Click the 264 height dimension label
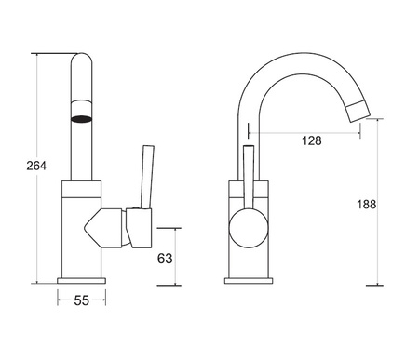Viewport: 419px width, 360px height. coord(36,166)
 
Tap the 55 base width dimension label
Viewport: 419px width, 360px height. coord(81,300)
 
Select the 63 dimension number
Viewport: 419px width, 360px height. coord(165,258)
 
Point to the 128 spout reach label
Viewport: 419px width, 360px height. coord(312,140)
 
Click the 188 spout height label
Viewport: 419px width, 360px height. coord(366,205)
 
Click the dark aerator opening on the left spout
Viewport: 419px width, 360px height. coord(82,119)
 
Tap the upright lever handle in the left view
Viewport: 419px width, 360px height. coord(147,177)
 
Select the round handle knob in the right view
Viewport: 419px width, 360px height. coord(249,228)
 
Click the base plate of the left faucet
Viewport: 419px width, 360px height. coord(81,281)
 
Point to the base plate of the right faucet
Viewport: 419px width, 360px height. coord(249,281)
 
